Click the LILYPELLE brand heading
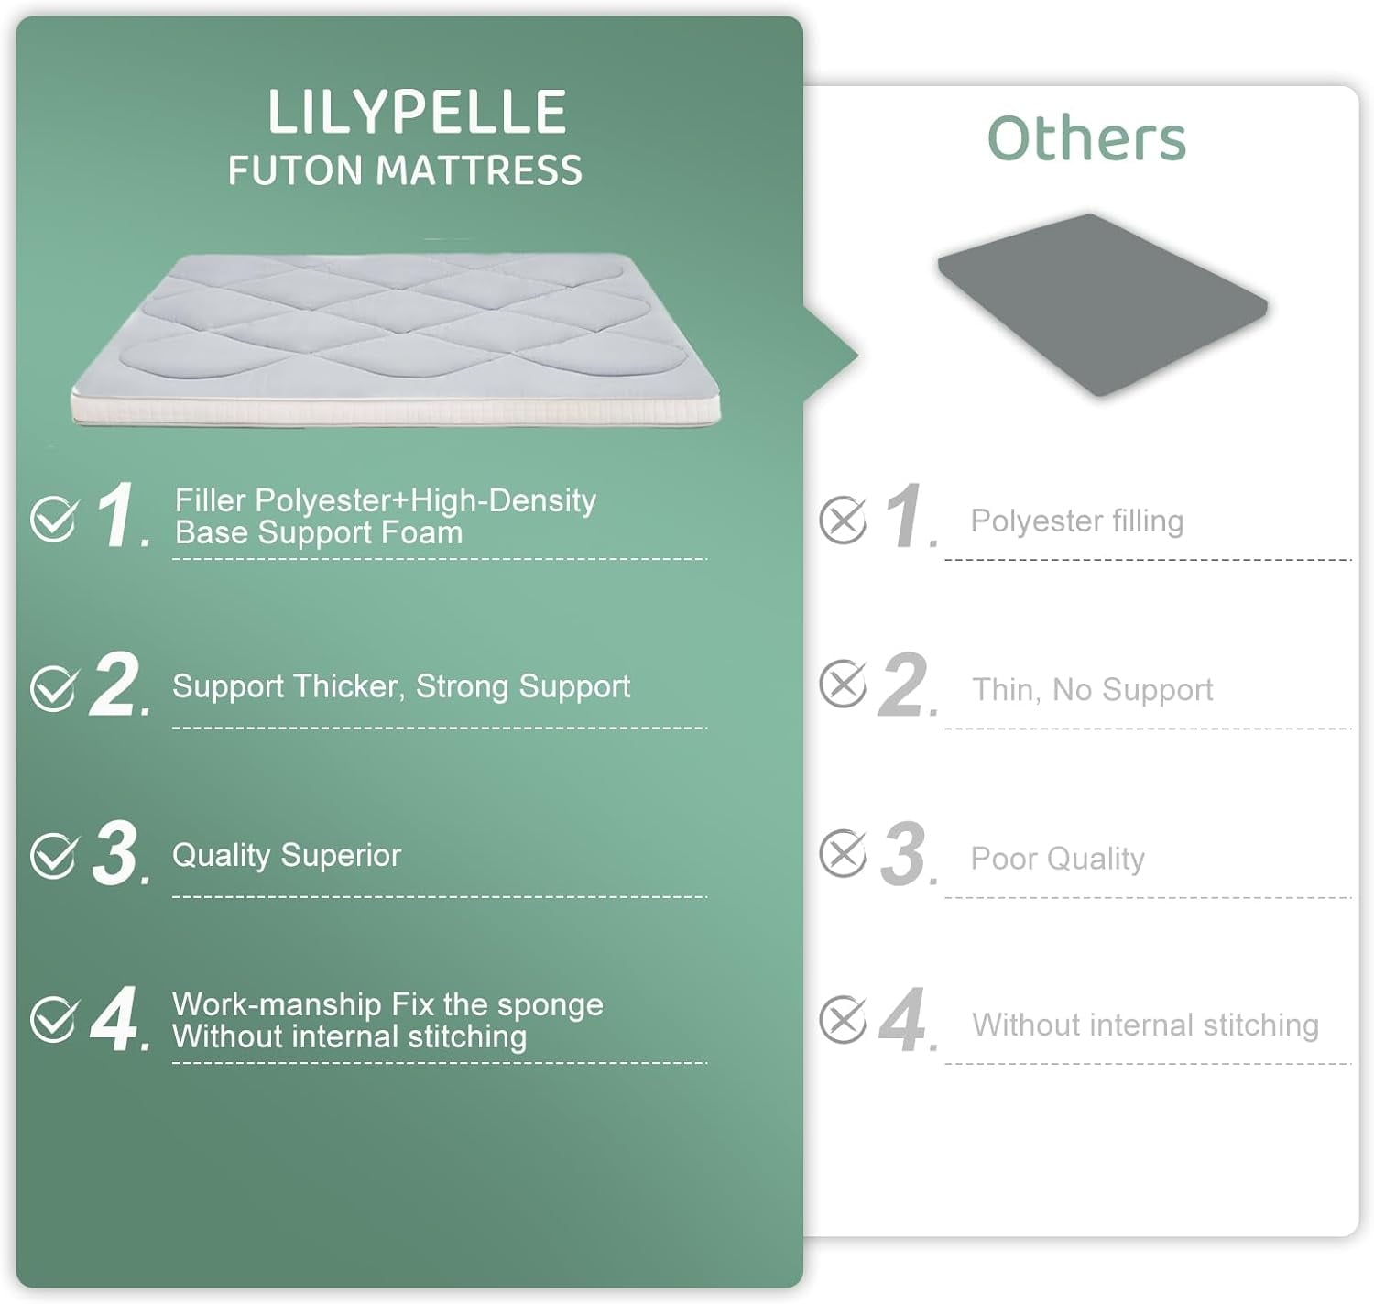click(x=417, y=112)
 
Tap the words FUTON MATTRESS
click(x=405, y=170)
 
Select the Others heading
click(x=1086, y=137)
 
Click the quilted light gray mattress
click(x=396, y=338)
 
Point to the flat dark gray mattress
click(x=1102, y=304)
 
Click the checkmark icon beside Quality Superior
click(x=54, y=854)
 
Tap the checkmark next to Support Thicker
click(x=54, y=688)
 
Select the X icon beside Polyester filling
click(x=843, y=520)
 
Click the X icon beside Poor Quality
click(x=843, y=853)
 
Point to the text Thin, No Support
click(x=1093, y=690)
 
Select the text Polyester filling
click(x=1077, y=521)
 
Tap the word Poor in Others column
click(x=1004, y=858)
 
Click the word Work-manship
click(x=277, y=1004)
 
